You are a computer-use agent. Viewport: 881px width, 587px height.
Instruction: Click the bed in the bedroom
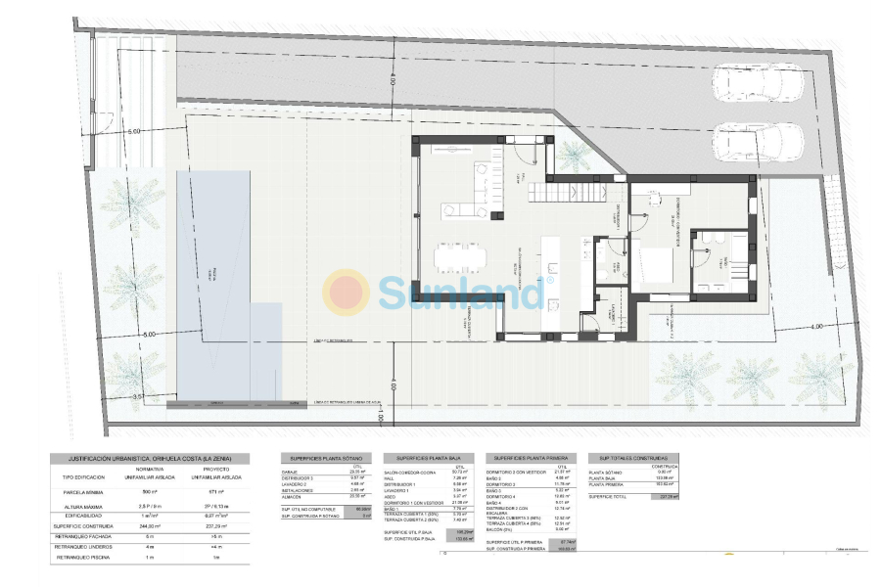653,264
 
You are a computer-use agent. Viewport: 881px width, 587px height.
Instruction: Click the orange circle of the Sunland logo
347,291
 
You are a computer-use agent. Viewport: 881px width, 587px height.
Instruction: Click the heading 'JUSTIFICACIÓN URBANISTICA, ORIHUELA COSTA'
148,457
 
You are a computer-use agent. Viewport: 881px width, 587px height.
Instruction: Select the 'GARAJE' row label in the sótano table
290,472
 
